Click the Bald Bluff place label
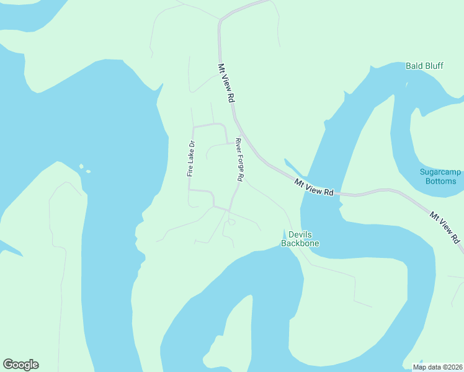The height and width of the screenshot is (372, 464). point(424,66)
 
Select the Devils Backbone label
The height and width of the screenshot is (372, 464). point(300,239)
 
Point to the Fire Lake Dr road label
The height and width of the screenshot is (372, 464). point(191,159)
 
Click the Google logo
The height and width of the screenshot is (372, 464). point(20,365)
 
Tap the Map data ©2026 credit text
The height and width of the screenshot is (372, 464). point(438,367)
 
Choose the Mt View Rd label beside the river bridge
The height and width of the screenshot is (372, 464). point(315,187)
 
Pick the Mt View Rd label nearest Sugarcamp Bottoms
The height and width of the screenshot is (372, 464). point(445,226)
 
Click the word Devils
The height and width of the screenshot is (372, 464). point(300,234)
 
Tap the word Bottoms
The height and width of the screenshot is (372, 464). point(441,181)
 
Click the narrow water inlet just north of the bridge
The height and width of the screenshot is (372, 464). point(292,167)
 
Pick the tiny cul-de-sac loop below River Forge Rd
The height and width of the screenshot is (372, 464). point(231,221)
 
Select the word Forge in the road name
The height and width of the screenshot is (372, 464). point(239,161)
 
